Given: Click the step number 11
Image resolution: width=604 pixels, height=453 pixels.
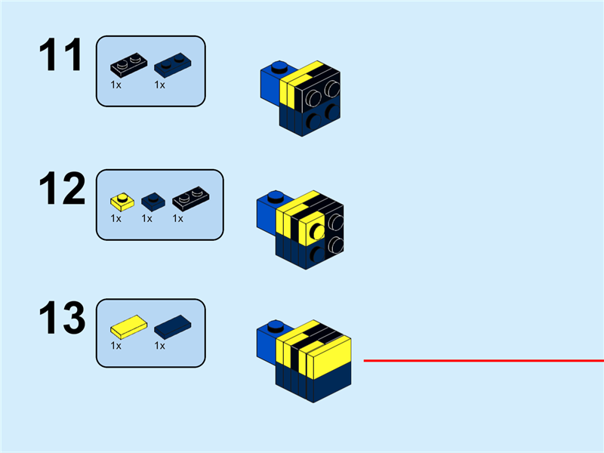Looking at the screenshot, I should [x=60, y=57].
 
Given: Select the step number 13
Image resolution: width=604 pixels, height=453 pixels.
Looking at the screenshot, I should [x=63, y=319].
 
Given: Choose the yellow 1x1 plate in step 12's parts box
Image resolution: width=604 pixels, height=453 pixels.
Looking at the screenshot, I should [x=121, y=201].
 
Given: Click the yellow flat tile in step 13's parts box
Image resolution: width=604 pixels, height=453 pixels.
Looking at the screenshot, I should [x=126, y=328].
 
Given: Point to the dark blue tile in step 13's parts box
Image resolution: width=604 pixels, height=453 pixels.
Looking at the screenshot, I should [x=173, y=328].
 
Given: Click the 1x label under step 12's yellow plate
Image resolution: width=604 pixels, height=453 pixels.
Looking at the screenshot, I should [x=116, y=218].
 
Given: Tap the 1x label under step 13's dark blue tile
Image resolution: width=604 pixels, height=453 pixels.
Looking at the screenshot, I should [x=159, y=346].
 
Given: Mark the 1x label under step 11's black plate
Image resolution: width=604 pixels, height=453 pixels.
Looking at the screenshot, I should [x=116, y=85].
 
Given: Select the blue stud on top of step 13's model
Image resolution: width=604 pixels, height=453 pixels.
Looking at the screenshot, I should [x=276, y=327].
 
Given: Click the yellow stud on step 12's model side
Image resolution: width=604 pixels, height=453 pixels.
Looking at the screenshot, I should [x=318, y=230].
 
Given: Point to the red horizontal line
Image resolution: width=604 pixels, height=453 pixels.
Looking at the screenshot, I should [x=483, y=361].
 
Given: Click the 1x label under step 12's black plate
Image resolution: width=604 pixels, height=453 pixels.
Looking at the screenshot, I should [x=178, y=218].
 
